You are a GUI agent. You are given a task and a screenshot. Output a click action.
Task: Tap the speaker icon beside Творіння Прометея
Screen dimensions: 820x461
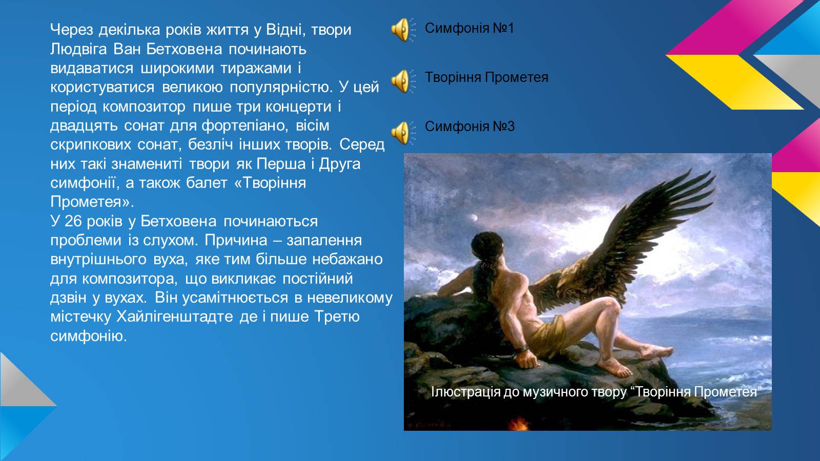[403, 81]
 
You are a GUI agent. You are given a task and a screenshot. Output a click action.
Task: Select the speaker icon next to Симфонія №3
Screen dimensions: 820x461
[403, 133]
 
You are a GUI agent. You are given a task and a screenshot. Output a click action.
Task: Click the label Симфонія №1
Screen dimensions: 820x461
[469, 28]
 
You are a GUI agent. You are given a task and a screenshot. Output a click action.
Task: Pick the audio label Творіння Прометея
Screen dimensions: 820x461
[486, 77]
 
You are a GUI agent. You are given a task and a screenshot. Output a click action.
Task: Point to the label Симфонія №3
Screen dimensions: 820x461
[469, 127]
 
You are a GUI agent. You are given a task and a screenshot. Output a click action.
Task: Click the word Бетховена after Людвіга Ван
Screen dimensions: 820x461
[184, 49]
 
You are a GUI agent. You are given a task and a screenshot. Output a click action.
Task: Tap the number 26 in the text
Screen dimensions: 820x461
[73, 221]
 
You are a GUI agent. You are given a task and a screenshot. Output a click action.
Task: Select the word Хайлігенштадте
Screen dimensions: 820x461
[175, 317]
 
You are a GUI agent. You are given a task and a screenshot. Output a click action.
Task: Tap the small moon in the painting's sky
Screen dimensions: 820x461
[475, 218]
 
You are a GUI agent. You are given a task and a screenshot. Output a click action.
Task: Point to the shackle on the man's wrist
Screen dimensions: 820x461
[521, 350]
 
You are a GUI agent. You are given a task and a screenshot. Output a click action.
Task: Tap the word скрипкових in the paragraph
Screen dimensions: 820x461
[91, 145]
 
